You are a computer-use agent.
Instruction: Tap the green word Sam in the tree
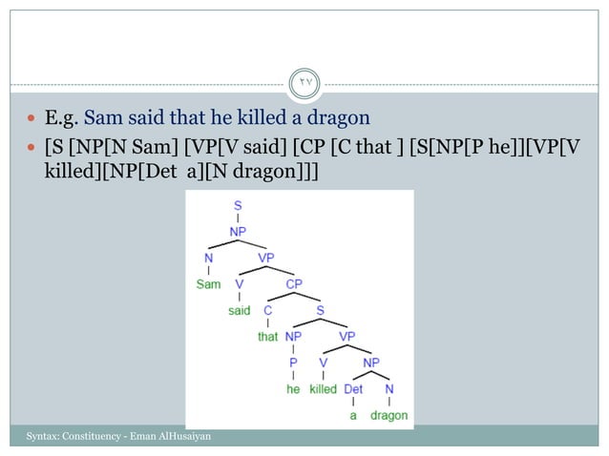click(x=208, y=283)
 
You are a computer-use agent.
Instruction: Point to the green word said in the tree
click(x=239, y=310)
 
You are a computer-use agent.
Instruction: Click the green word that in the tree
click(x=267, y=337)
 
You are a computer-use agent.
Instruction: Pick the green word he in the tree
click(x=293, y=389)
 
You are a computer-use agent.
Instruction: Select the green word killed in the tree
click(x=323, y=389)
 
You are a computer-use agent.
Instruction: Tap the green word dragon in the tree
click(x=388, y=416)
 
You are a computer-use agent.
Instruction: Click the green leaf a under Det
click(x=353, y=416)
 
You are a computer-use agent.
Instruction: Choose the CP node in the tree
click(x=293, y=283)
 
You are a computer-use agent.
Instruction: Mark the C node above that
click(x=267, y=310)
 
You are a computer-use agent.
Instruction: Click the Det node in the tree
click(x=353, y=389)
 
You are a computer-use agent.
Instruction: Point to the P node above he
click(x=293, y=363)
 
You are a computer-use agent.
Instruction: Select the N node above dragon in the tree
click(x=388, y=389)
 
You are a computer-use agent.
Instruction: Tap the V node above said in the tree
click(x=239, y=283)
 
